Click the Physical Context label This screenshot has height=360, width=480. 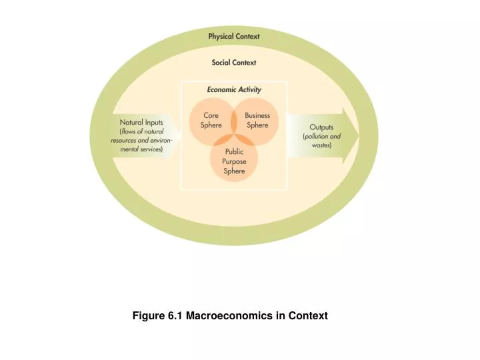tap(233, 36)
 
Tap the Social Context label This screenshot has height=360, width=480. tap(233, 63)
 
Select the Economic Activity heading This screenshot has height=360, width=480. tap(233, 89)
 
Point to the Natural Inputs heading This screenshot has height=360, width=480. tap(141, 123)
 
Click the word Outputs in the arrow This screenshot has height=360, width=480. tap(321, 127)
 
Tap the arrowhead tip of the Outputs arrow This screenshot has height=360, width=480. tap(358, 136)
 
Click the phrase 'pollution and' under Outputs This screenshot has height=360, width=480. tap(322, 136)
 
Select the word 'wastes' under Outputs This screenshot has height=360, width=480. tap(321, 145)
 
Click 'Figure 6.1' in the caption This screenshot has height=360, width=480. tap(157, 315)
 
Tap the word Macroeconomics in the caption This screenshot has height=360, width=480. tap(229, 315)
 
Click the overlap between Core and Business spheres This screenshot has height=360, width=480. tap(234, 121)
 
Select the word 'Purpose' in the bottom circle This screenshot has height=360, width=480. tap(234, 161)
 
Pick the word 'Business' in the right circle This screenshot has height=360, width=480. tap(257, 115)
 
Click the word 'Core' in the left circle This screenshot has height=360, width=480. tap(210, 115)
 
